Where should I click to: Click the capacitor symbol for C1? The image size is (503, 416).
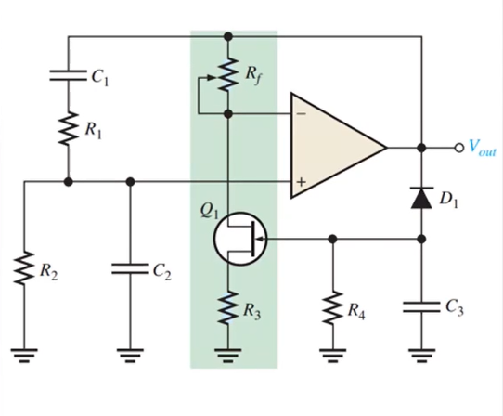point(68,75)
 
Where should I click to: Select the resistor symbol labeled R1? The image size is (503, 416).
point(68,128)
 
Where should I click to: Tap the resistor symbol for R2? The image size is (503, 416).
point(24,268)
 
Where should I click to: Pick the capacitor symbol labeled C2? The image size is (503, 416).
point(130,269)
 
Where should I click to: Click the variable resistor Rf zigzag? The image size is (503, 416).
point(227,74)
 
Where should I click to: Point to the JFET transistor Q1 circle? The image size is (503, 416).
point(240,239)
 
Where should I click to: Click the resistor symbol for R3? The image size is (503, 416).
point(227,307)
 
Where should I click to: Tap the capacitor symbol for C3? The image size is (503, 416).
point(422,307)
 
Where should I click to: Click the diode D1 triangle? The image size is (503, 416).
point(422,198)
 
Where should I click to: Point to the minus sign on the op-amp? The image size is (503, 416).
point(301,113)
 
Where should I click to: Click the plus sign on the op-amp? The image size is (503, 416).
point(301,182)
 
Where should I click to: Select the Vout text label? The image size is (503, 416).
point(483,148)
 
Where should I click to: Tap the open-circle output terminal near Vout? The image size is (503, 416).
point(459,148)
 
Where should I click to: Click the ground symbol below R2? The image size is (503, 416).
point(24,356)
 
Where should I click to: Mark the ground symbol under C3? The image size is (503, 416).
point(422,356)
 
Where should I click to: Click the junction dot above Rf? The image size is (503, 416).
point(227,36)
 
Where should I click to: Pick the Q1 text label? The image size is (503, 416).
point(209,211)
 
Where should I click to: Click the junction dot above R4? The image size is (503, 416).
point(333,239)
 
